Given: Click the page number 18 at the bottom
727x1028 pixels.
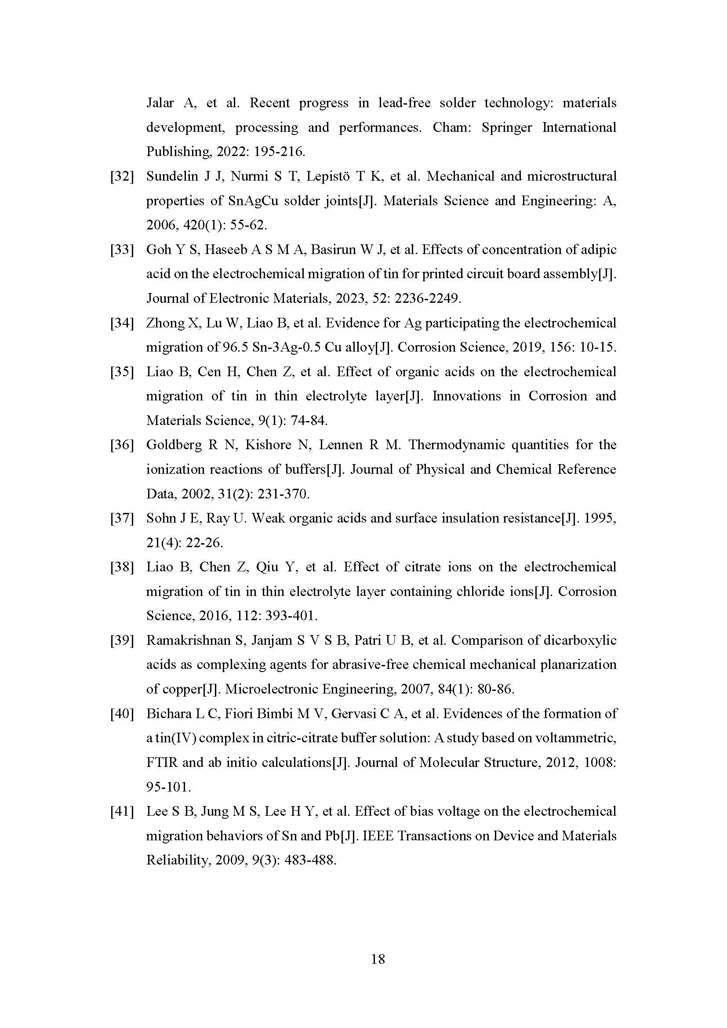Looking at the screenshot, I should (378, 959).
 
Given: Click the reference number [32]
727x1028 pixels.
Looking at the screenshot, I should (122, 176).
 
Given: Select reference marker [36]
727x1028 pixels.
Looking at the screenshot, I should (122, 445).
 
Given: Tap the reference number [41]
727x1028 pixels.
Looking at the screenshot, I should (122, 811).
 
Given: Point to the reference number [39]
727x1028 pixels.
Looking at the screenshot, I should (122, 640).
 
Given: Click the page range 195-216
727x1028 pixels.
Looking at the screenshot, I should (280, 152).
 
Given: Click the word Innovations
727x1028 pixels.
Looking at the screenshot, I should (466, 396).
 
